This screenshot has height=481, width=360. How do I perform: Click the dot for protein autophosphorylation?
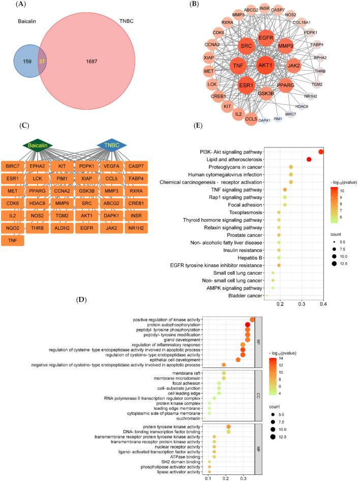pyautogui.click(x=248, y=325)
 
